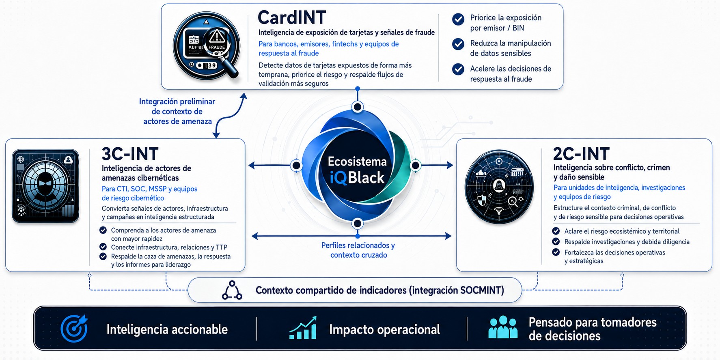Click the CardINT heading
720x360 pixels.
[x=292, y=17]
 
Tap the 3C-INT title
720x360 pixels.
[x=130, y=154]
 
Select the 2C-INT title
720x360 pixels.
[x=581, y=154]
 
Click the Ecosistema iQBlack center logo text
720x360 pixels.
[x=357, y=170]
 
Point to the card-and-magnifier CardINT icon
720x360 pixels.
[x=207, y=46]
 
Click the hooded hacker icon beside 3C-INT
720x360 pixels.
[x=45, y=186]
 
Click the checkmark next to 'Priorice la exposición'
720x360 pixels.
[x=458, y=19]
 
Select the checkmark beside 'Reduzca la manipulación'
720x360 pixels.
[x=458, y=44]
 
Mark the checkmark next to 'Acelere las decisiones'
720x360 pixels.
[x=458, y=69]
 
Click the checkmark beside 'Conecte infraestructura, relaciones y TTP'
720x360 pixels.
[x=103, y=247]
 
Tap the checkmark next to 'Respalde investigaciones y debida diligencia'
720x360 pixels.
[x=556, y=241]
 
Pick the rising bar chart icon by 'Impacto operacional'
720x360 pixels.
[x=303, y=328]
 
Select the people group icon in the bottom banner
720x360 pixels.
[x=503, y=327]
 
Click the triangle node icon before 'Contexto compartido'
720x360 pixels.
[x=232, y=290]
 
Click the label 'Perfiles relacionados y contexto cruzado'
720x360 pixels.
[x=358, y=250]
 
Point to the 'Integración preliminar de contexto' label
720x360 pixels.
[x=177, y=111]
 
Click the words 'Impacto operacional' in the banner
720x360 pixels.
[x=384, y=329]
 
